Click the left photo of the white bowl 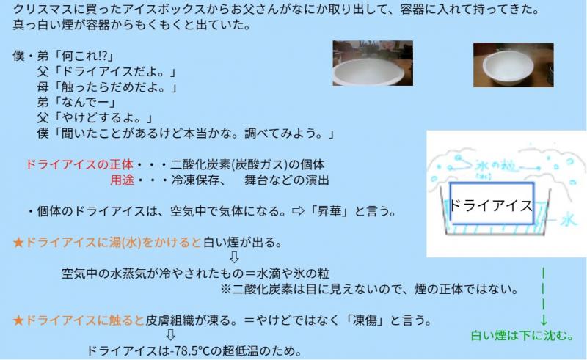pyautogui.click(x=373, y=63)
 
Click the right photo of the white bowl pyautogui.click(x=513, y=65)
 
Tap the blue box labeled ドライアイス pyautogui.click(x=492, y=204)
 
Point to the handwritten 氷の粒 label pyautogui.click(x=497, y=166)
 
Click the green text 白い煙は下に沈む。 pyautogui.click(x=522, y=335)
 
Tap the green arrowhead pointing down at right pyautogui.click(x=544, y=320)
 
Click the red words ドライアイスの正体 pyautogui.click(x=79, y=164)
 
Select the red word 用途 pyautogui.click(x=122, y=180)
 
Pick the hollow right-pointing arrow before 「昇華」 pyautogui.click(x=298, y=210)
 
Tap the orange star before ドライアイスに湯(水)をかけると pyautogui.click(x=18, y=243)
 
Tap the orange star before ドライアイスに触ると pyautogui.click(x=18, y=320)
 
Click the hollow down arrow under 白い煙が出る pyautogui.click(x=234, y=257)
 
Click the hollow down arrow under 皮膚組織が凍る pyautogui.click(x=170, y=334)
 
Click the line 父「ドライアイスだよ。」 pyautogui.click(x=106, y=71)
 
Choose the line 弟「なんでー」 pyautogui.click(x=77, y=102)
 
